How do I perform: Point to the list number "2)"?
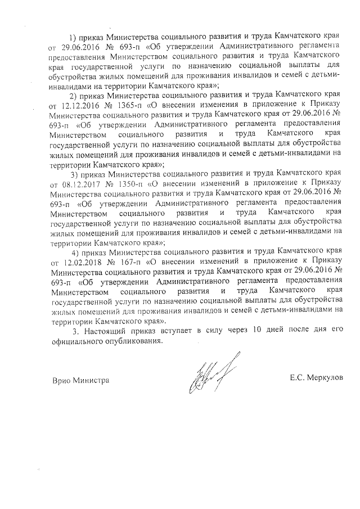[x=73, y=95]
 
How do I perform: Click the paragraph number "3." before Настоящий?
[x=76, y=331]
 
